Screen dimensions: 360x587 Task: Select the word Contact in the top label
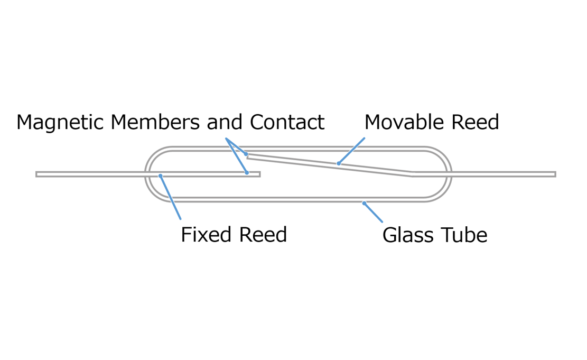coord(287,123)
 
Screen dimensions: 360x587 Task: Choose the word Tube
coord(465,235)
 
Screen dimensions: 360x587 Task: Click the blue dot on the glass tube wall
coord(364,203)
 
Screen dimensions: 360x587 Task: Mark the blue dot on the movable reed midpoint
coord(339,163)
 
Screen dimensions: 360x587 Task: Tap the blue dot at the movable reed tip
coord(246,154)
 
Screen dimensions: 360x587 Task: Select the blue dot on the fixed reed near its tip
coord(247,173)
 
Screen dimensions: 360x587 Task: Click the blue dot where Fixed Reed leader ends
coord(160,176)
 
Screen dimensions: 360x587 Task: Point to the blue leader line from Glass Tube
coord(374,213)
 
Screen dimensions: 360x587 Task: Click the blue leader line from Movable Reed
coord(352,151)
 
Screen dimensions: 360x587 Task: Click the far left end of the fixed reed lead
coord(37,174)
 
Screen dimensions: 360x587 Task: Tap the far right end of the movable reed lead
coord(554,174)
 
